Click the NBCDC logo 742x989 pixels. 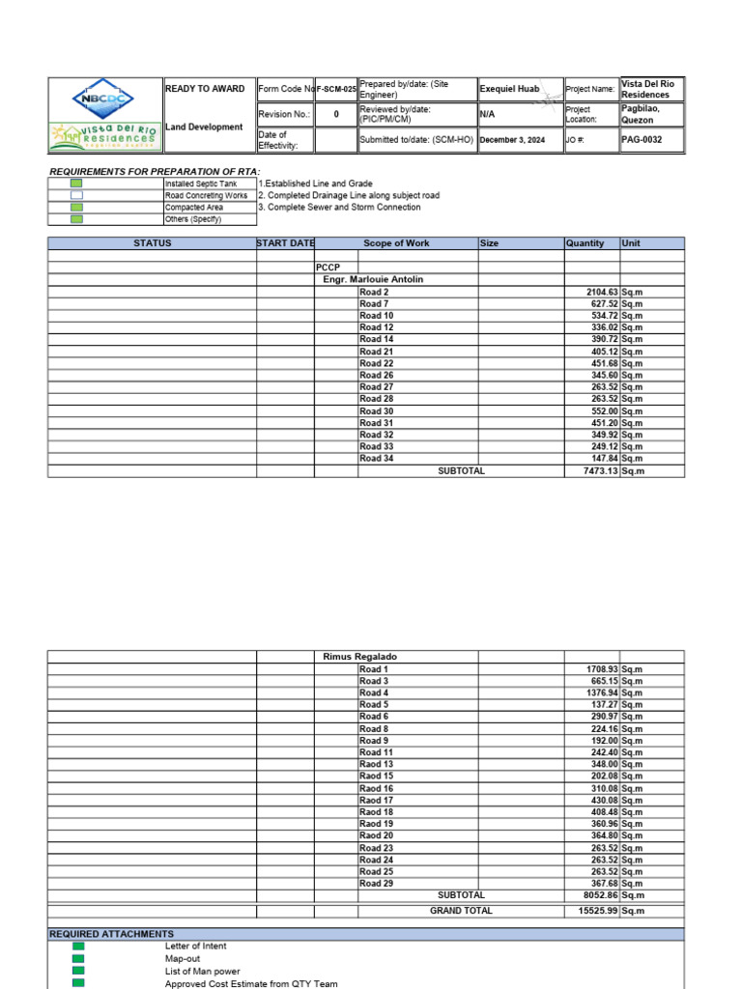tap(104, 99)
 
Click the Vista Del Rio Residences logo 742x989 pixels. tap(104, 136)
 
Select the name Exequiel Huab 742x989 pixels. tap(509, 89)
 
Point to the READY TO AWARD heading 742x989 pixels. tap(205, 89)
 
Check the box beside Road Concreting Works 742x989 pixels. tap(76, 195)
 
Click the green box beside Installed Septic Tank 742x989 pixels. tap(76, 184)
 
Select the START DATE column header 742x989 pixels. tap(285, 243)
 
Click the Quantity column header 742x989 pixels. tap(585, 243)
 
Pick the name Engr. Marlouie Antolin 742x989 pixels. tap(373, 279)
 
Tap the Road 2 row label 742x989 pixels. tap(374, 292)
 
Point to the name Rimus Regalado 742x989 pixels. tap(360, 657)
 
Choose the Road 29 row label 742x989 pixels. tap(376, 884)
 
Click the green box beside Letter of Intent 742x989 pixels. tap(78, 947)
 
